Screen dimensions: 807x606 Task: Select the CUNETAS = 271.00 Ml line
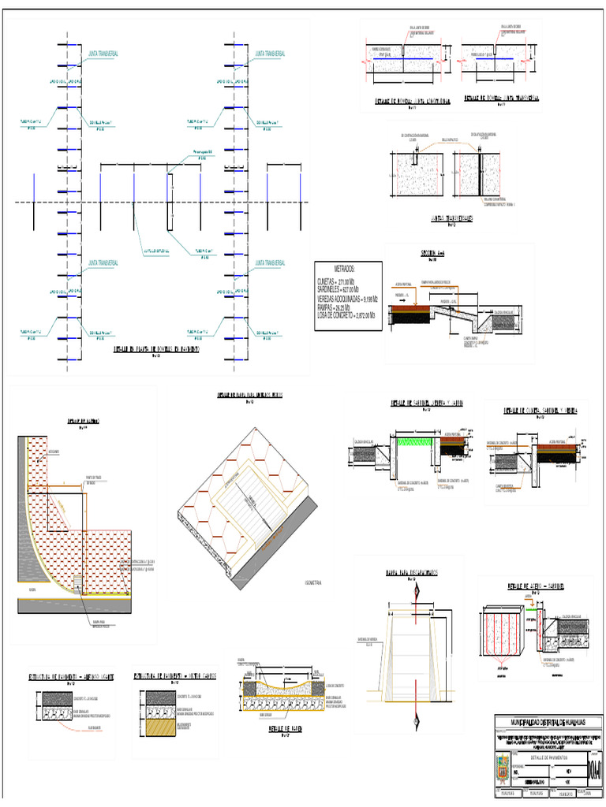[x=336, y=281]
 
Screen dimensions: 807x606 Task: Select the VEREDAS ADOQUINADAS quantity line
[x=348, y=299]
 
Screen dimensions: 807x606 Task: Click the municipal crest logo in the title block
[x=499, y=768]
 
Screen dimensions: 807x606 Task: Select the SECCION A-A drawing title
[x=432, y=254]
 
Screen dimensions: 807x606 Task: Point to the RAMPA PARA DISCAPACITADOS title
[x=411, y=573]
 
